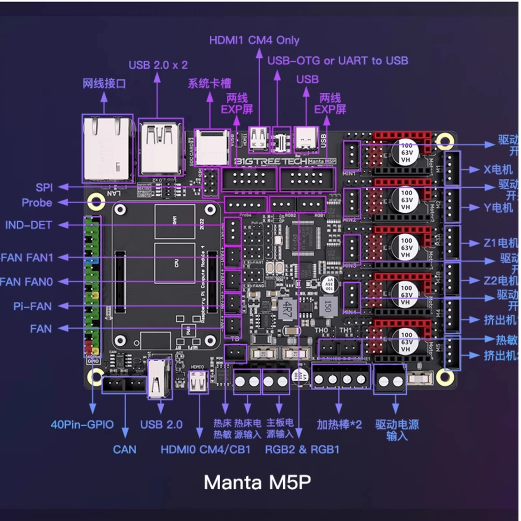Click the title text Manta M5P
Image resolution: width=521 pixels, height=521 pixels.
click(x=257, y=482)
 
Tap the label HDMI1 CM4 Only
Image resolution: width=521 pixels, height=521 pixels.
click(x=255, y=40)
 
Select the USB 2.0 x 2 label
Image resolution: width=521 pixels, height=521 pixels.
click(x=158, y=65)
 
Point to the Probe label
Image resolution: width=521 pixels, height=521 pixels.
click(x=37, y=202)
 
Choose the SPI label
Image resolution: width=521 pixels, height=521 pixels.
click(x=44, y=187)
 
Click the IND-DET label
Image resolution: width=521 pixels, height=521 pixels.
click(x=29, y=225)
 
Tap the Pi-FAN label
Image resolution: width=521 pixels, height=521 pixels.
click(x=32, y=306)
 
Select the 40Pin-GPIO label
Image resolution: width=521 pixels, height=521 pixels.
click(x=82, y=424)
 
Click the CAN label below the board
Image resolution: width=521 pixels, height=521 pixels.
click(x=125, y=449)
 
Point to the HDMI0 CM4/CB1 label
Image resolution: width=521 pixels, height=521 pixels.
click(x=205, y=449)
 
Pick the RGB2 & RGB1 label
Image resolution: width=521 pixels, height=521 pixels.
click(x=302, y=449)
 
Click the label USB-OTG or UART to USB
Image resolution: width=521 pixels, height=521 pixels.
click(x=337, y=60)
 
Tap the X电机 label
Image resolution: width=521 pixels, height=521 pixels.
click(x=498, y=169)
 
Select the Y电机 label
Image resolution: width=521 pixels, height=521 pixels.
click(x=498, y=208)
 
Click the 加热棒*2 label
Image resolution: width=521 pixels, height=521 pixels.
click(x=339, y=424)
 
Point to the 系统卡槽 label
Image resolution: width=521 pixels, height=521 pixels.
click(x=209, y=83)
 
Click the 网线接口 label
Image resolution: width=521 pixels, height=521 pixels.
click(x=104, y=83)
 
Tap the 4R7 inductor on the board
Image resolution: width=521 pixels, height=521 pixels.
click(x=286, y=307)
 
